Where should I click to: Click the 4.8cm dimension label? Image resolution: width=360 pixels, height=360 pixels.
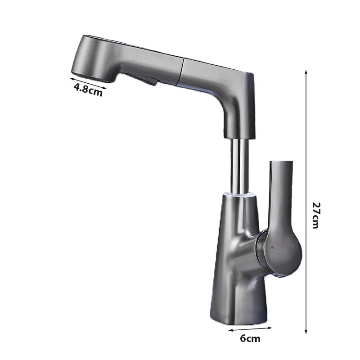click(88, 90)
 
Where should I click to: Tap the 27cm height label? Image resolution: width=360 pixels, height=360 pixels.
click(316, 216)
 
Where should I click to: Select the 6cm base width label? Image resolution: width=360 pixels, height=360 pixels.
click(250, 339)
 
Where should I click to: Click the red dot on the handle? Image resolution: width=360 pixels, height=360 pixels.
click(272, 247)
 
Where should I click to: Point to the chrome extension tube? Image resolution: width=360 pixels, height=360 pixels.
click(240, 166)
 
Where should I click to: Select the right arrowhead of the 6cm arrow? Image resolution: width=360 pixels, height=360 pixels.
click(270, 328)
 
